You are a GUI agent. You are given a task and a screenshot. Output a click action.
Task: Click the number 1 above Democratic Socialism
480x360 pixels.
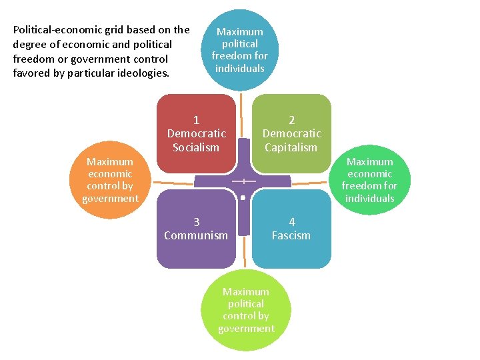[196, 121]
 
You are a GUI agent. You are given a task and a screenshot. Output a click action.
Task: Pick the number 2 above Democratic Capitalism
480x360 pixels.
[291, 121]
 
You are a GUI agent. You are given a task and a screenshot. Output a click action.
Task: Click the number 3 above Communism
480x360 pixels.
[196, 222]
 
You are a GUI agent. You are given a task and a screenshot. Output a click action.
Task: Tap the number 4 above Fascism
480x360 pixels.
[291, 222]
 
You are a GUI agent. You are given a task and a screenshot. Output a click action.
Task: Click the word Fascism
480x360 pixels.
[291, 235]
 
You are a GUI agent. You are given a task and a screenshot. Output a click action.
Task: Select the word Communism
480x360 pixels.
[196, 235]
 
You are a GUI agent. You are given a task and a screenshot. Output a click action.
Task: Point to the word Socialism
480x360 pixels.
[196, 147]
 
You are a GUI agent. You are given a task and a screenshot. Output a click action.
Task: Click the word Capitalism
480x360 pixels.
[291, 147]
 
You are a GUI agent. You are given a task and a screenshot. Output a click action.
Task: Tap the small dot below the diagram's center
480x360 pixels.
[244, 197]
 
